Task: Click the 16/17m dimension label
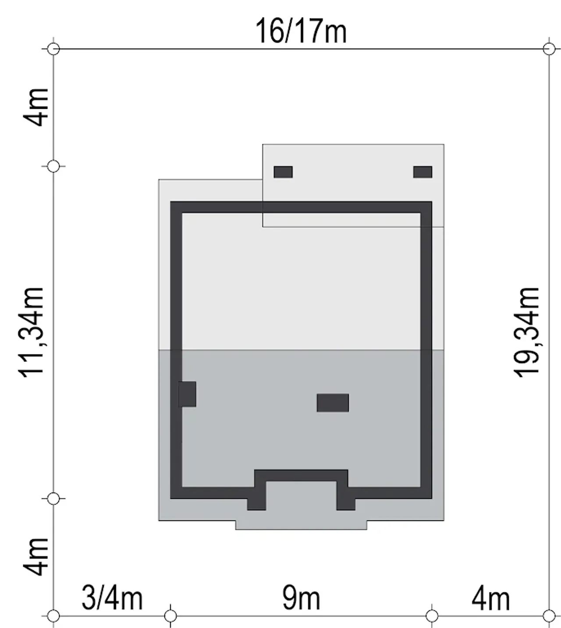point(301,31)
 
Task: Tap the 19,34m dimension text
point(526,333)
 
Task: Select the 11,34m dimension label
point(31,333)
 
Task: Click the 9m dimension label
point(301,598)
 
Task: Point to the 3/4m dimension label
point(112,598)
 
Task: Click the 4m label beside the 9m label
point(490,598)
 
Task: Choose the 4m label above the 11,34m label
point(36,107)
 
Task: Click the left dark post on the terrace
point(283,172)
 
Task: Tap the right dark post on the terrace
point(423,172)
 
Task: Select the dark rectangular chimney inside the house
point(333,403)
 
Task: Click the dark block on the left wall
point(187,394)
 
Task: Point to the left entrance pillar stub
point(256,504)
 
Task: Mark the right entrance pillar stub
point(346,504)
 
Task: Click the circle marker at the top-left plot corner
point(53,49)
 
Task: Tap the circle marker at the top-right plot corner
point(549,49)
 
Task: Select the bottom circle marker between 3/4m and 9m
point(170,616)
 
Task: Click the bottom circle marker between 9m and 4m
point(432,616)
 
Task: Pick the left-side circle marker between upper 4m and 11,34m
point(53,166)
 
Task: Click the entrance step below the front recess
point(301,525)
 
